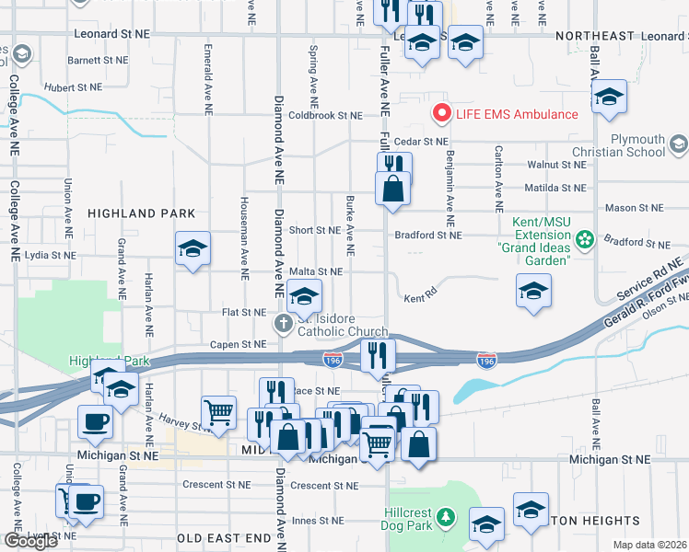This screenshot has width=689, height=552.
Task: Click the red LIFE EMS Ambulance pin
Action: click(x=442, y=114)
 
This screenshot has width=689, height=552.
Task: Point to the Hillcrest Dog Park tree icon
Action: click(x=446, y=516)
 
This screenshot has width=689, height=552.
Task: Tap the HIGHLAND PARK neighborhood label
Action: click(x=141, y=213)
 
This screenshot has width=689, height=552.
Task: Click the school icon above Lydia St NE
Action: click(x=193, y=248)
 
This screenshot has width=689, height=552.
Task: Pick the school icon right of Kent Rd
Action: click(x=531, y=292)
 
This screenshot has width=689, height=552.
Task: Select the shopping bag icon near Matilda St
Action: click(x=392, y=188)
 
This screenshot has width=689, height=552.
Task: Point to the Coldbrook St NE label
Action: click(x=325, y=116)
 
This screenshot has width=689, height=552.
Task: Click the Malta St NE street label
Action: click(x=315, y=272)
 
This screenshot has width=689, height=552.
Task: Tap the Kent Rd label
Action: click(x=418, y=299)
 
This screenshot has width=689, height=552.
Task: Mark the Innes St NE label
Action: click(x=316, y=521)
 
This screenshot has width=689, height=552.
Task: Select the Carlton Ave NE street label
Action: click(x=498, y=175)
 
